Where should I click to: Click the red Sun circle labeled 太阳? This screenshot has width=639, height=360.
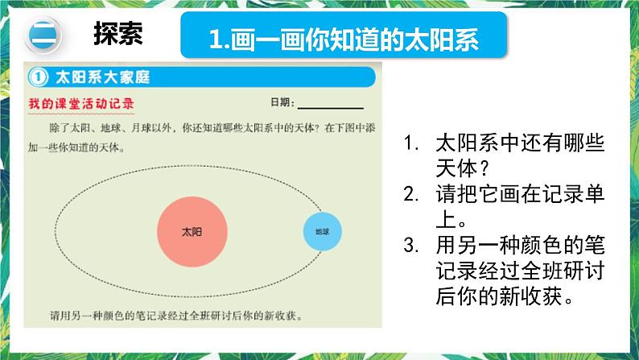192,232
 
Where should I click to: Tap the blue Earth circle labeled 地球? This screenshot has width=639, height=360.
323,232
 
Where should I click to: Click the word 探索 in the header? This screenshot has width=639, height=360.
118,34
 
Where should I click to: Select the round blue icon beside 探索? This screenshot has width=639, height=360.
43,35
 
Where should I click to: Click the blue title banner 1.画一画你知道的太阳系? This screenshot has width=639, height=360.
344,35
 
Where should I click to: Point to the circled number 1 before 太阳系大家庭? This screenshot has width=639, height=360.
38,77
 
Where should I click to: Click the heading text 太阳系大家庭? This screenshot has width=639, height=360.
103,77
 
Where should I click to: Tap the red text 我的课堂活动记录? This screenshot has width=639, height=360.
81,104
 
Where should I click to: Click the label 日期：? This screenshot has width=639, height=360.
282,102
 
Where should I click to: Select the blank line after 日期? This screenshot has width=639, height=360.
331,109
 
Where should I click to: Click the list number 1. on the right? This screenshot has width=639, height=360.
410,143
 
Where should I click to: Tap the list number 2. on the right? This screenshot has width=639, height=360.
410,194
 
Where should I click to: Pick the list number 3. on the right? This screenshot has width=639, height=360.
410,245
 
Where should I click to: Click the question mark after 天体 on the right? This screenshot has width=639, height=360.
484,168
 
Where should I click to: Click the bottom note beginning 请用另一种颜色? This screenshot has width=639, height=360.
176,316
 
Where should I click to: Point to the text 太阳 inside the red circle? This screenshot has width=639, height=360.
192,232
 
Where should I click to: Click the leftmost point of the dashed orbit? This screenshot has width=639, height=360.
55,231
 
